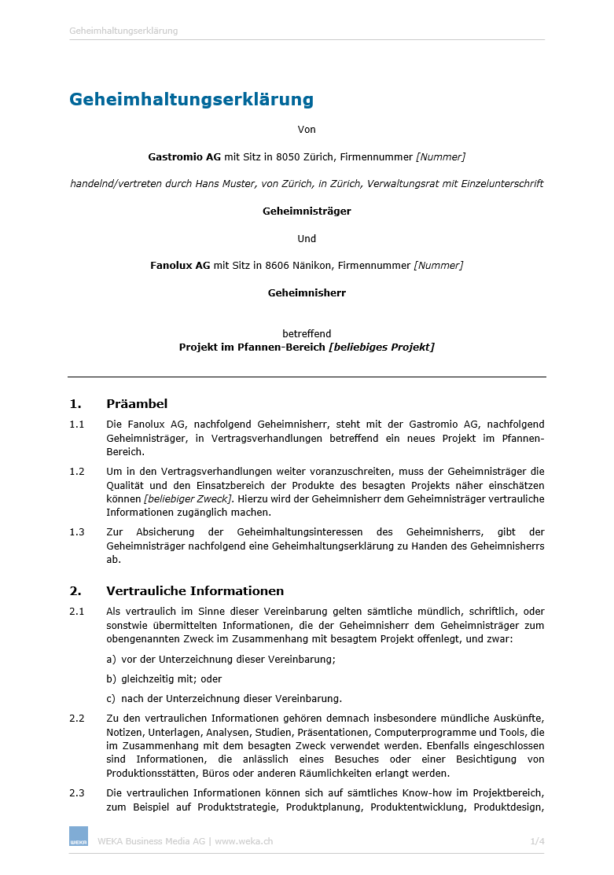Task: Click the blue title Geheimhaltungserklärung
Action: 191,100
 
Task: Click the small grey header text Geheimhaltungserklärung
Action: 123,31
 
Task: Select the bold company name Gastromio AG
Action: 185,157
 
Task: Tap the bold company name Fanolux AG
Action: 180,266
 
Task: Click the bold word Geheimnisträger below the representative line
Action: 307,211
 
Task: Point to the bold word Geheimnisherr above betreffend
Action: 307,293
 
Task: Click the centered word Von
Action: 307,130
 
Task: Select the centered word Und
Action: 307,239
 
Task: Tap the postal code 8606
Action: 296,266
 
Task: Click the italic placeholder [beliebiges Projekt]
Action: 382,347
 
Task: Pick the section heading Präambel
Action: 137,404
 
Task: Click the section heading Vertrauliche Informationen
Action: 195,591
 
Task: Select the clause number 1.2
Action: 76,472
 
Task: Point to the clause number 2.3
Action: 76,793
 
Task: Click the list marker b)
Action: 111,679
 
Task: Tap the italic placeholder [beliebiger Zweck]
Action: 189,499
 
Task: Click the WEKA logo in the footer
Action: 79,836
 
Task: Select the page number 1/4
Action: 537,841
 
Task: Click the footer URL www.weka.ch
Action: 244,841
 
